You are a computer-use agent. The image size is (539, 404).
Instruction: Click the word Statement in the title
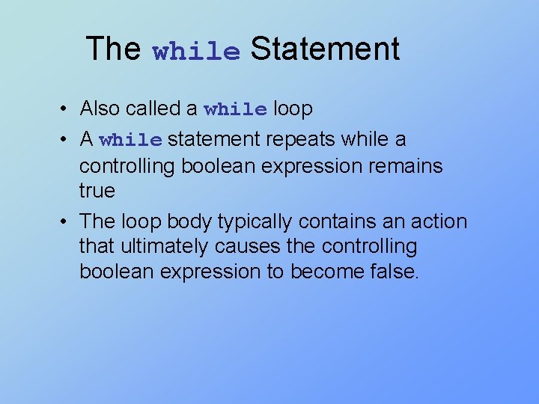[325, 49]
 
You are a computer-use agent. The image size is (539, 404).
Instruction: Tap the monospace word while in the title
[196, 52]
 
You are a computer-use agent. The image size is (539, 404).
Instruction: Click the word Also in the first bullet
[100, 109]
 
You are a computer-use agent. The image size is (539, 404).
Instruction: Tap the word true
[97, 191]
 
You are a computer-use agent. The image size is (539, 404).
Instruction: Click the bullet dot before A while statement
[67, 140]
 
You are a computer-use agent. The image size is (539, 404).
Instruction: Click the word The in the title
[113, 49]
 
